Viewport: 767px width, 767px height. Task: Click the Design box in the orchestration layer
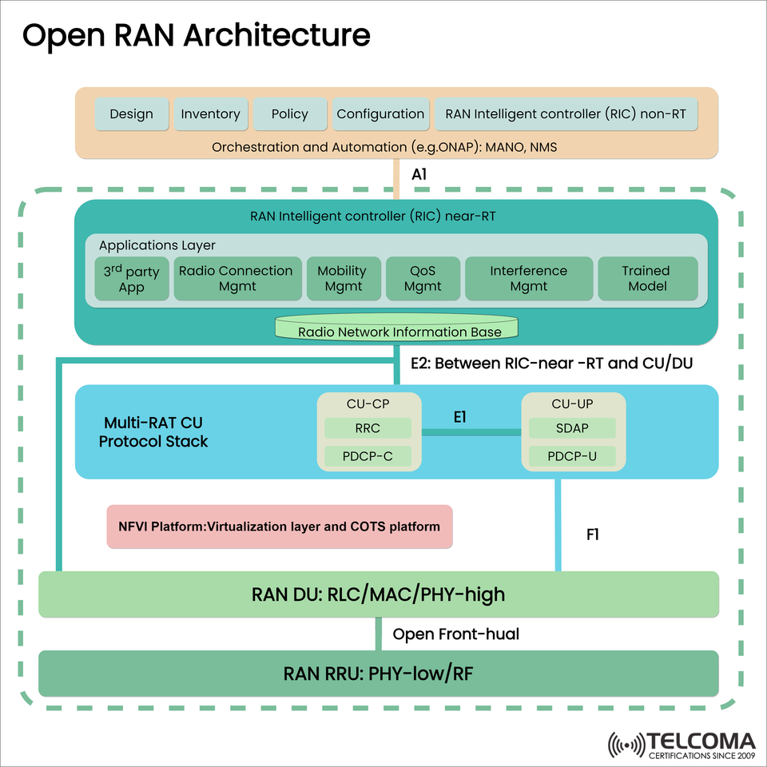pyautogui.click(x=132, y=114)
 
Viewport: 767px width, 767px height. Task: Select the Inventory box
pyautogui.click(x=210, y=114)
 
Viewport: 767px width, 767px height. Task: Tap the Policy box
pyautogui.click(x=290, y=114)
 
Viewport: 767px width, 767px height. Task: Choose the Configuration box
pyautogui.click(x=380, y=114)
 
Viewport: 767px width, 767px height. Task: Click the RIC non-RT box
pyautogui.click(x=565, y=114)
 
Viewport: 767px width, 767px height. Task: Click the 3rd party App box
pyautogui.click(x=131, y=279)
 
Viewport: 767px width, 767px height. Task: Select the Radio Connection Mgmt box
pyautogui.click(x=236, y=279)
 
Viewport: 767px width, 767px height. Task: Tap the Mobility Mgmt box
pyautogui.click(x=342, y=279)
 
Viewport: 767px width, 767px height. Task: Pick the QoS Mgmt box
pyautogui.click(x=423, y=279)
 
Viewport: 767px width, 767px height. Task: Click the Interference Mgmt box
pyautogui.click(x=528, y=279)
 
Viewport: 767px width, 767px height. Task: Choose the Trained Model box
pyautogui.click(x=647, y=279)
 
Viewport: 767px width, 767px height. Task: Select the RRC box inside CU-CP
pyautogui.click(x=368, y=428)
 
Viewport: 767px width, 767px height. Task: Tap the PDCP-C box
pyautogui.click(x=368, y=456)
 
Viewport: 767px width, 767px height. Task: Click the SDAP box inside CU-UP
pyautogui.click(x=573, y=428)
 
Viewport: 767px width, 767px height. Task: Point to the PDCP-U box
pyautogui.click(x=573, y=456)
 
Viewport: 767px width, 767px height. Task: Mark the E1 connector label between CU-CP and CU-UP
pyautogui.click(x=459, y=417)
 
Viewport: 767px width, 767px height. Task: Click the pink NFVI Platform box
pyautogui.click(x=280, y=527)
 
